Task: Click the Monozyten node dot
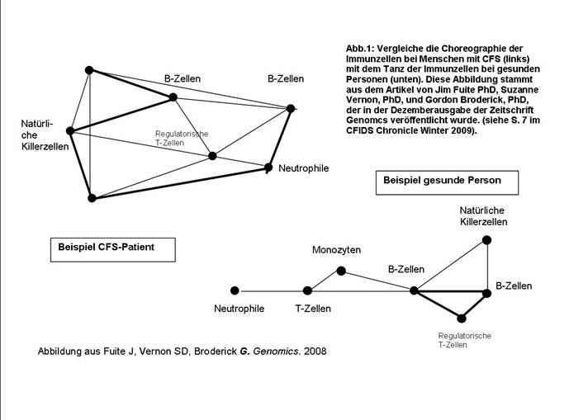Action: tap(341, 271)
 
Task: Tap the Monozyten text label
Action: tap(336, 250)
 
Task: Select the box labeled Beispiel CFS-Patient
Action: tap(106, 247)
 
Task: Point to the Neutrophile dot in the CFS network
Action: tap(268, 168)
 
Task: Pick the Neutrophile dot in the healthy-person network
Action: tap(235, 290)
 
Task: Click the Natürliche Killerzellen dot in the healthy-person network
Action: tap(486, 240)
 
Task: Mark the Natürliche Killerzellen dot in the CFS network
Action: tap(70, 130)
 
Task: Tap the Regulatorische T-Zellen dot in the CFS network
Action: tap(212, 155)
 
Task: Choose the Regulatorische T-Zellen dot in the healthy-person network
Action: tap(462, 318)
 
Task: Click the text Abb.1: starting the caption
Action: tap(360, 50)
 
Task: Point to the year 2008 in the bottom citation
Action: tap(315, 352)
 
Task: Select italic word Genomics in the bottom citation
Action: tap(274, 352)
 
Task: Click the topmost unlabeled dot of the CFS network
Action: tap(89, 70)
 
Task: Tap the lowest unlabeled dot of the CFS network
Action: tap(92, 198)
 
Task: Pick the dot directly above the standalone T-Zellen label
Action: tap(307, 290)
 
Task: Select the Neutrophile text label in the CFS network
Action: tap(303, 168)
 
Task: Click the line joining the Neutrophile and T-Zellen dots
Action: tap(271, 290)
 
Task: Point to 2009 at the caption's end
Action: tap(464, 131)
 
